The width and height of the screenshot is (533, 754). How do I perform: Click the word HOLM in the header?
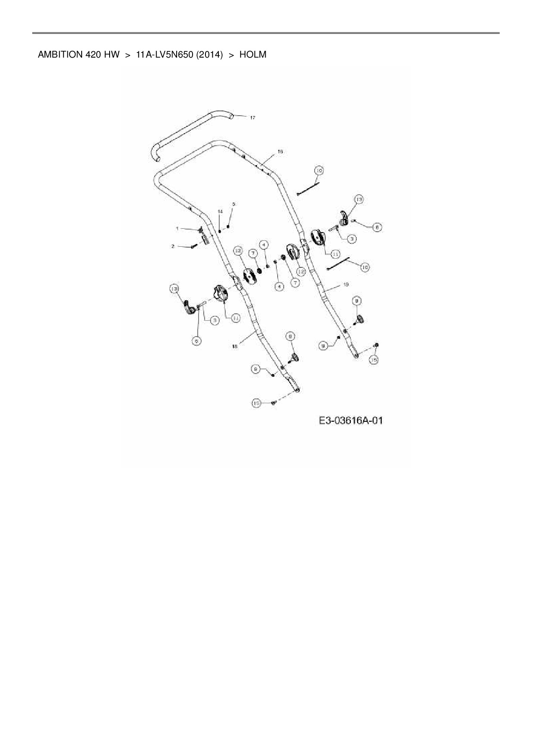253,55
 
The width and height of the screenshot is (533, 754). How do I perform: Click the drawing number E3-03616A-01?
351,420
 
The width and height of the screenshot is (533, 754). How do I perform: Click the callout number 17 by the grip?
253,117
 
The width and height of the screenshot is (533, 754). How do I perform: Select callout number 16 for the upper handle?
280,152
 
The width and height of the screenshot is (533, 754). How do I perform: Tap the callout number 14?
220,211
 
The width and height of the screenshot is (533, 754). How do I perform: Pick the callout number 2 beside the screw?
173,246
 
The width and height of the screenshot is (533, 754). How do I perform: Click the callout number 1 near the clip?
177,228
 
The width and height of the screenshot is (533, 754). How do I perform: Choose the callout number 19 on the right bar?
346,285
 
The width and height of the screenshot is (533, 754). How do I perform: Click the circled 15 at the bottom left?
257,403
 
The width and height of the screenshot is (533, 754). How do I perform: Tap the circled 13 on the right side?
358,199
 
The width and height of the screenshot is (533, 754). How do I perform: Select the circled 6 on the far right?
377,227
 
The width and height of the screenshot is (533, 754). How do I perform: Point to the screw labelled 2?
194,246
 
